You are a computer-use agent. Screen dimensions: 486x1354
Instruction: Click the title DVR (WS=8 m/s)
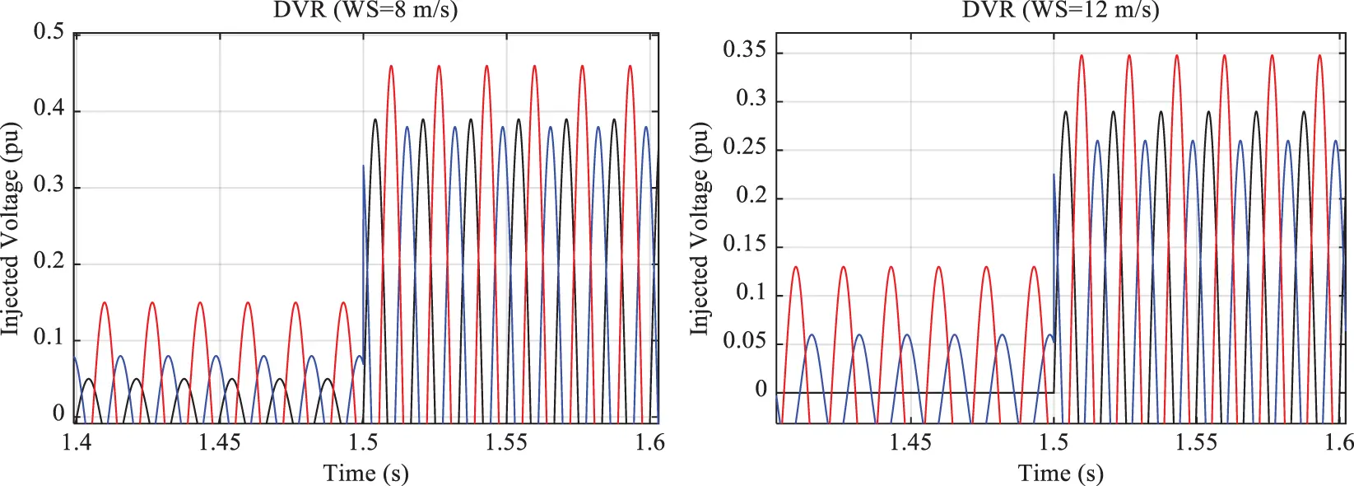coord(365,10)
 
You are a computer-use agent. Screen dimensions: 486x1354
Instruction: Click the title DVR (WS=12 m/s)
coord(1061,10)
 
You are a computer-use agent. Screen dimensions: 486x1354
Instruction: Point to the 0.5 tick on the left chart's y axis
coord(49,32)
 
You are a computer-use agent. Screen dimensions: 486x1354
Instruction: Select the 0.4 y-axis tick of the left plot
coord(49,108)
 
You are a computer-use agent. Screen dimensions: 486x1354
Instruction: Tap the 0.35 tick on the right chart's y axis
coord(744,50)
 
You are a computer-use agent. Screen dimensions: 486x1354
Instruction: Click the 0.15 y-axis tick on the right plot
coord(744,244)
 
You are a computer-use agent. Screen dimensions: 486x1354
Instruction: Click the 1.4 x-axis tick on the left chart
coord(77,443)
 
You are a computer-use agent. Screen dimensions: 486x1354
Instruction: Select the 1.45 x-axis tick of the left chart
coord(220,443)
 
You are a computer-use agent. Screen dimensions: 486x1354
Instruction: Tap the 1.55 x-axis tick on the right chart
coord(1196,443)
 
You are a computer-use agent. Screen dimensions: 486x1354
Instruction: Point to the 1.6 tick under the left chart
coord(649,443)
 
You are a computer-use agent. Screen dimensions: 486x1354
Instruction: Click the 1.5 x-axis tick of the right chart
coord(1053,443)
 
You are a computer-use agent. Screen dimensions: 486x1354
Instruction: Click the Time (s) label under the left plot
coord(365,473)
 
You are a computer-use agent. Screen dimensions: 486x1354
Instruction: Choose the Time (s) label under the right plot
coord(1060,473)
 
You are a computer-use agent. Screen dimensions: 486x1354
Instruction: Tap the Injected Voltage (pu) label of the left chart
coord(11,228)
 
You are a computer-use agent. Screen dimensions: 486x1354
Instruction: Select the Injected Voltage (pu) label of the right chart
coord(700,228)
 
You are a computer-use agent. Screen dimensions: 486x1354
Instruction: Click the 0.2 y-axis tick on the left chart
coord(49,261)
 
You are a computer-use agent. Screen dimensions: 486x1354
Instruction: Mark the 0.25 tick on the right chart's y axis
coord(744,147)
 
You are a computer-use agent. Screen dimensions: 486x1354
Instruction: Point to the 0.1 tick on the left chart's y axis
coord(49,338)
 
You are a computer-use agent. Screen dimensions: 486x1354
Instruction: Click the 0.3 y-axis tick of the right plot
coord(750,99)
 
